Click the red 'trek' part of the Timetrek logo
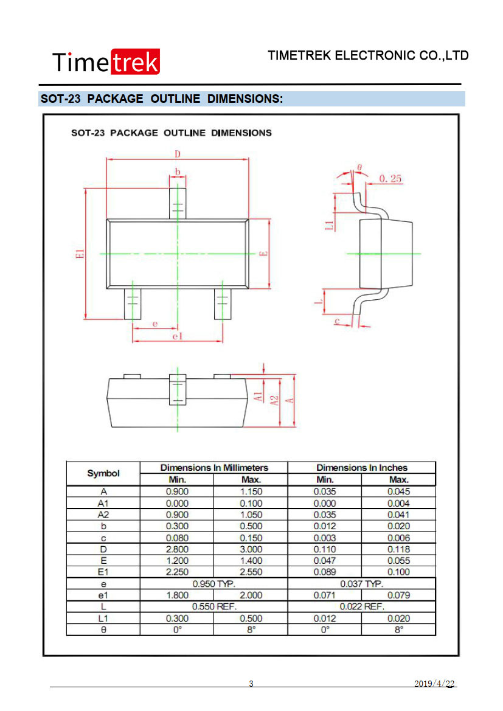click(135, 61)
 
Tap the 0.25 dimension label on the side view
click(390, 179)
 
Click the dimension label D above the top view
click(178, 154)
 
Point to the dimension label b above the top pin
click(178, 172)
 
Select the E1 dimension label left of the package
click(80, 254)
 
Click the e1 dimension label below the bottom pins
click(178, 336)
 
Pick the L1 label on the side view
click(329, 224)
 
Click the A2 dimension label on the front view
click(274, 400)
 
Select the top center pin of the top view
click(178, 204)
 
